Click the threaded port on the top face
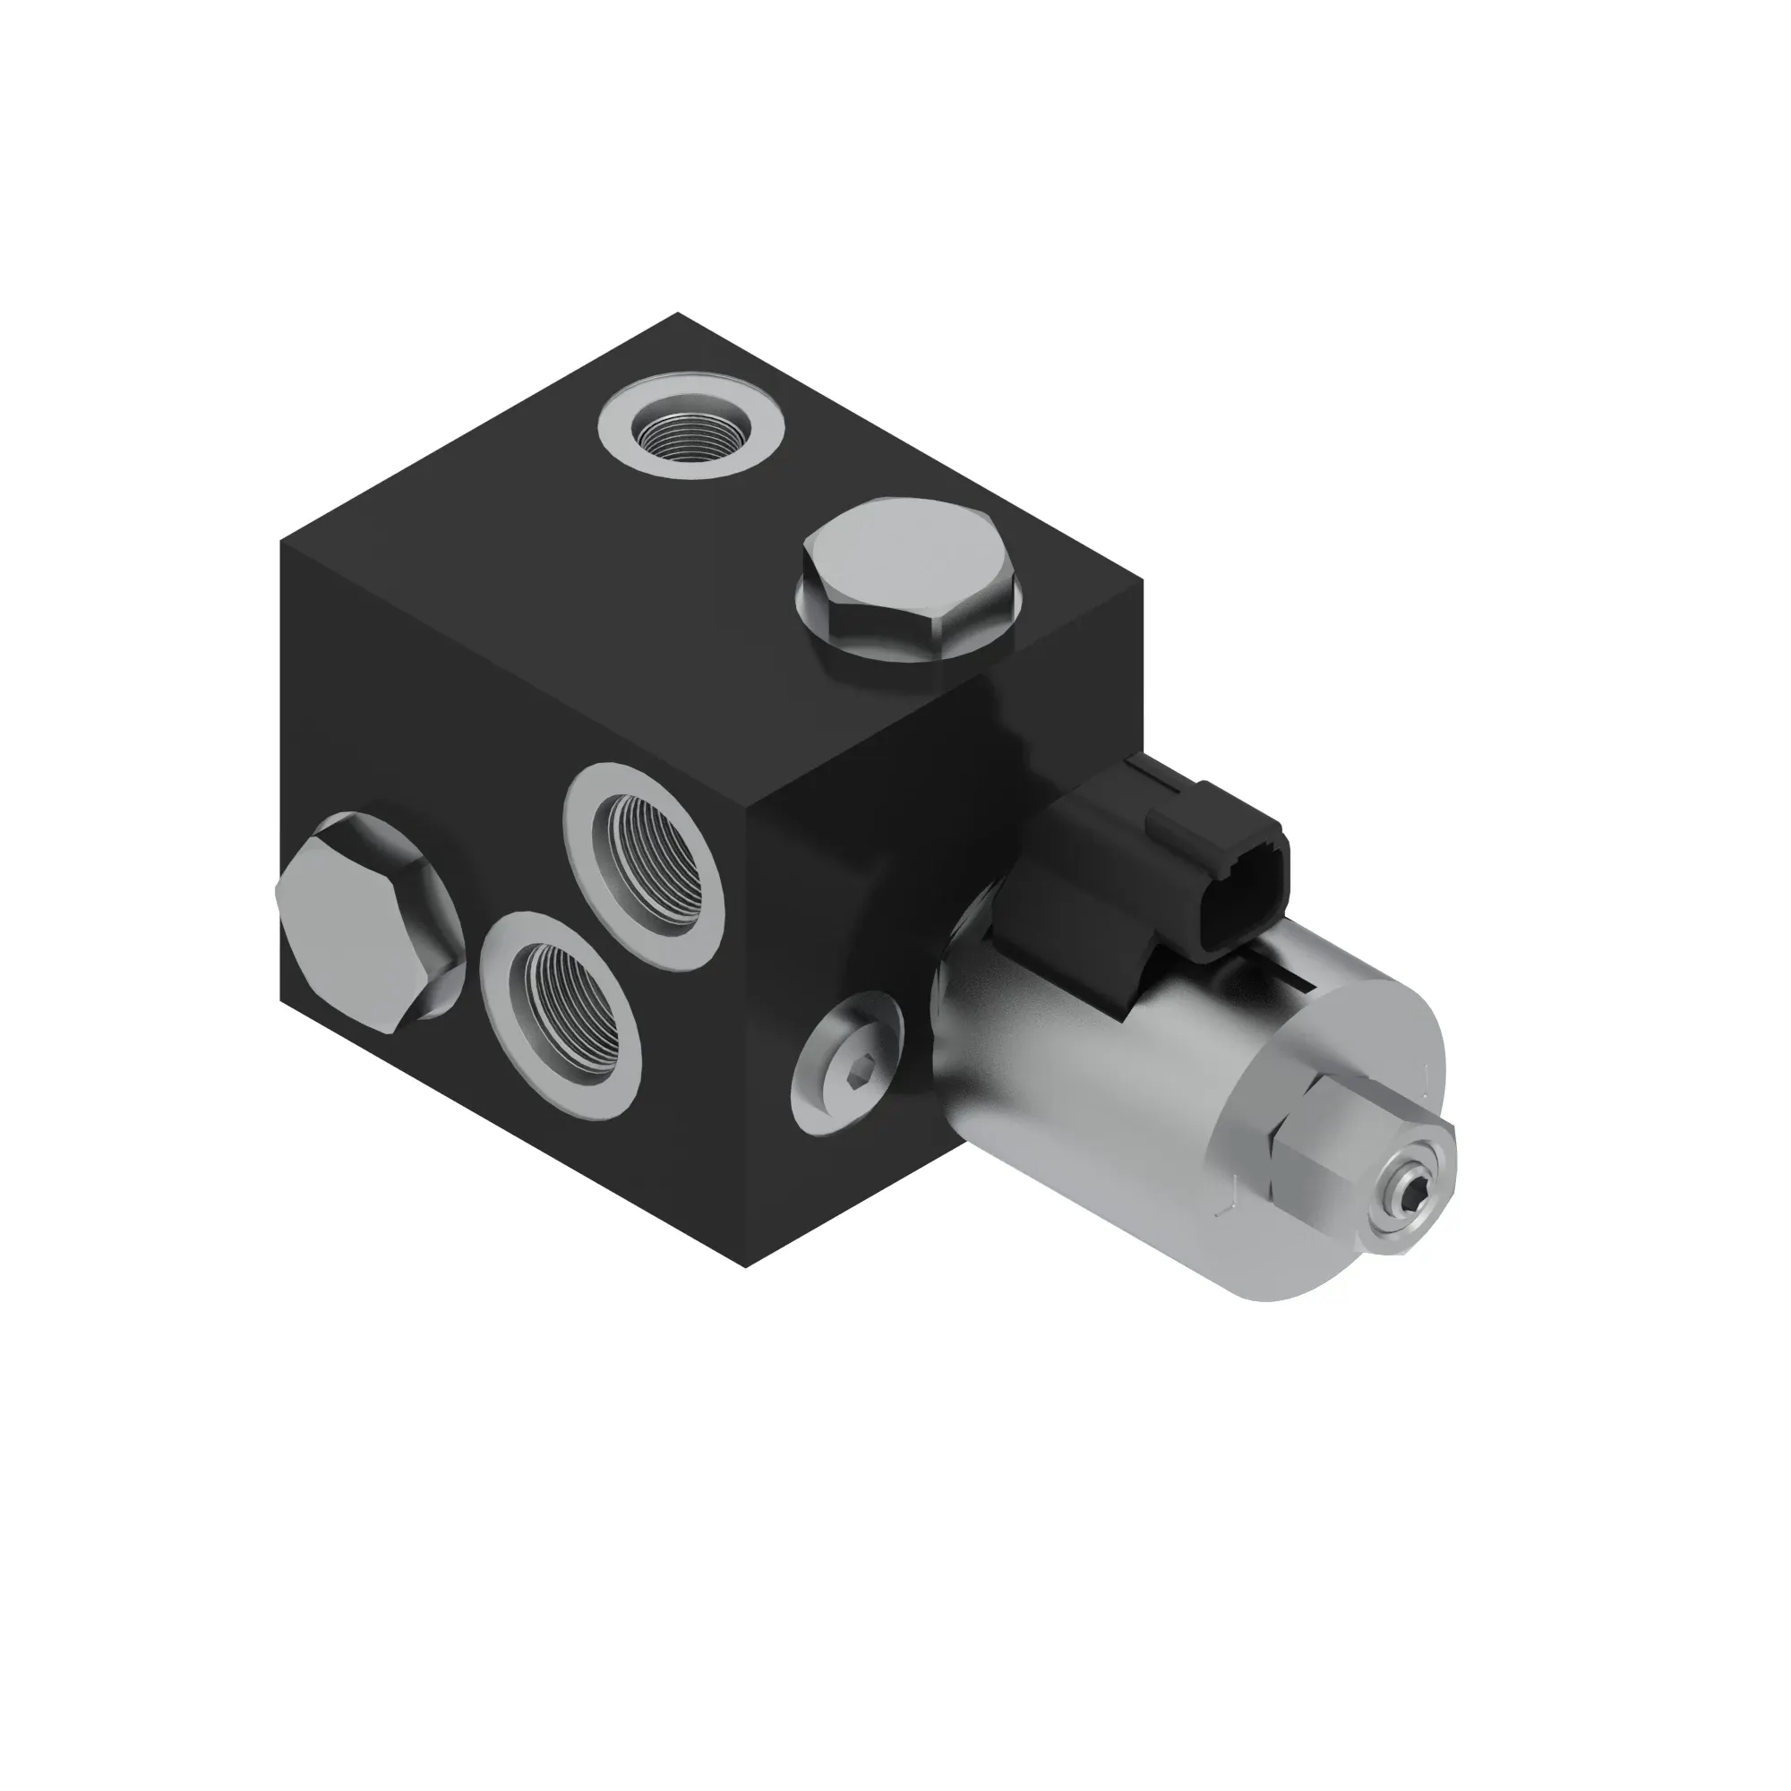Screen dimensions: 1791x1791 click(x=690, y=429)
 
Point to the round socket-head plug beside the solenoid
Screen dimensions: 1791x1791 click(x=847, y=1061)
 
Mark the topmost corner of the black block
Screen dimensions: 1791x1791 click(x=678, y=313)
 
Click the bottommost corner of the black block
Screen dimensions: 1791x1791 click(x=749, y=1267)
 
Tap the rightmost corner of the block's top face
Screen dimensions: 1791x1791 click(x=1143, y=585)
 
